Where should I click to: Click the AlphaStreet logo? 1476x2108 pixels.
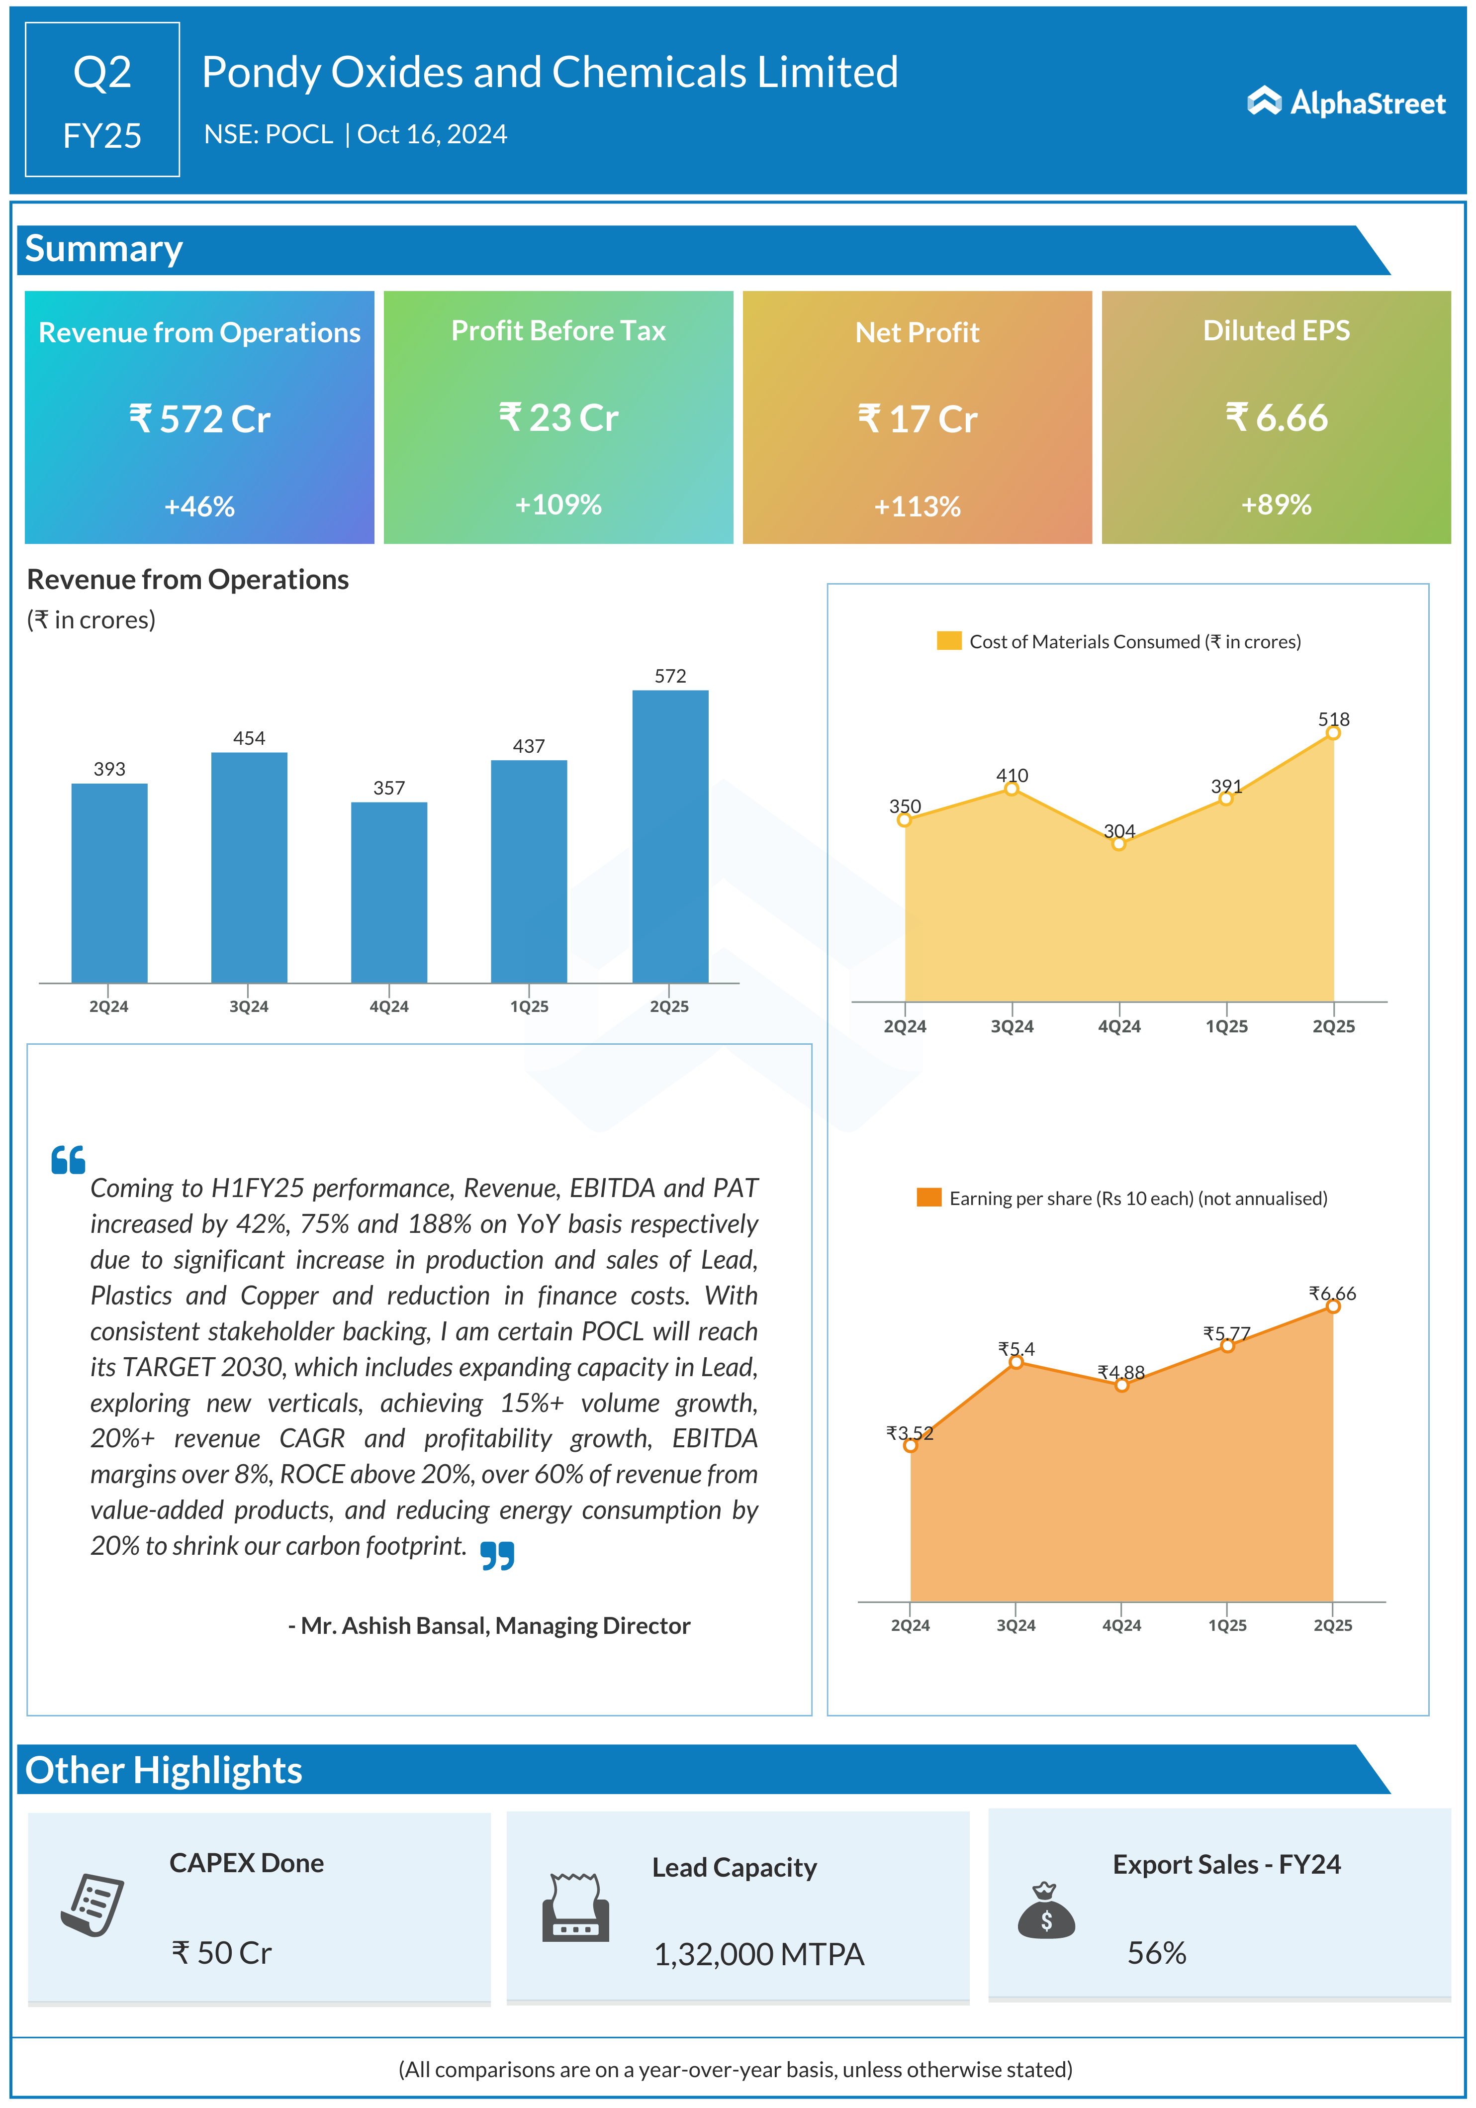pos(1346,103)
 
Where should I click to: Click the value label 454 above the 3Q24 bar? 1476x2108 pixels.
pos(249,738)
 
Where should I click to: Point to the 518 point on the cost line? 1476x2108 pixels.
pos(1333,733)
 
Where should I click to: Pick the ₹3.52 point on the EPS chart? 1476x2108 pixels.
pos(910,1445)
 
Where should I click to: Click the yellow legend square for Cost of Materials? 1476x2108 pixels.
pos(948,641)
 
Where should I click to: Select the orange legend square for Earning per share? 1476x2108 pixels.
pos(929,1197)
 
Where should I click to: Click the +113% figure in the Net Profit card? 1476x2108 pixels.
pos(917,506)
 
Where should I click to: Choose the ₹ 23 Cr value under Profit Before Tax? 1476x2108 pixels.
pos(558,418)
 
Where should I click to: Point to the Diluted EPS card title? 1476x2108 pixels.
pos(1276,330)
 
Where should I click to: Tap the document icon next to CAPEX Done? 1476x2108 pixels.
pos(92,1905)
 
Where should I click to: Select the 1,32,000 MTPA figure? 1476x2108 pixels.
pos(758,1954)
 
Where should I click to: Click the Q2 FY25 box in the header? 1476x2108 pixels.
pos(102,99)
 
